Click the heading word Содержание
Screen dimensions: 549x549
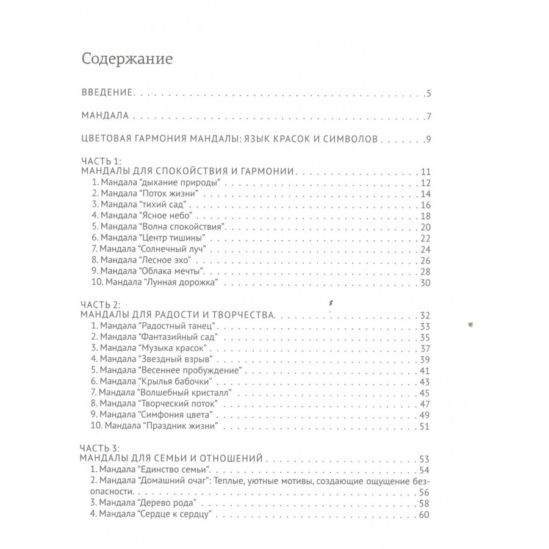pos(127,60)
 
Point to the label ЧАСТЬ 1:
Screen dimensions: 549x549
pos(101,162)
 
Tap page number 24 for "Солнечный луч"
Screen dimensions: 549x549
pos(425,249)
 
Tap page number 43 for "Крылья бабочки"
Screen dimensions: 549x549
pos(425,381)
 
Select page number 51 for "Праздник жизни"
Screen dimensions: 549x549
pos(425,426)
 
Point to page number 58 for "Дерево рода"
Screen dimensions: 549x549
pos(425,503)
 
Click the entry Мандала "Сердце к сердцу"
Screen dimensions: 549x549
pos(151,514)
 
